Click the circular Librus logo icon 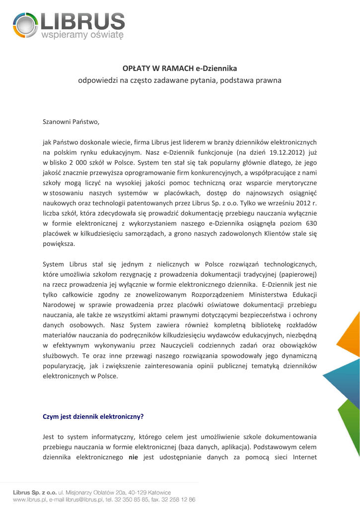(23, 25)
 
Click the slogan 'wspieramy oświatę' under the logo (82, 35)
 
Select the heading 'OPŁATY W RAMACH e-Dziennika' (180, 68)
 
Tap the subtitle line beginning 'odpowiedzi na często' (180, 79)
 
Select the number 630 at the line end (310, 223)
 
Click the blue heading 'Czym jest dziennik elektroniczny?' (93, 417)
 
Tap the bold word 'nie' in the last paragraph (133, 457)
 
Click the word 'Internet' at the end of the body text (301, 457)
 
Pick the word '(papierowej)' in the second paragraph (298, 274)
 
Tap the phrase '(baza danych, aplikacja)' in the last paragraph (215, 447)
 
